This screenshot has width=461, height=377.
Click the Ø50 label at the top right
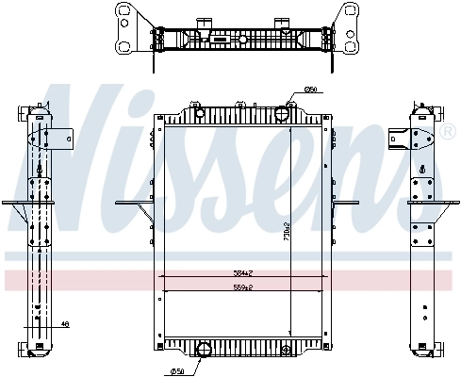309,90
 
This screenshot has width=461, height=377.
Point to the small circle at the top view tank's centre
242,40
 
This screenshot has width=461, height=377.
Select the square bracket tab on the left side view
63,138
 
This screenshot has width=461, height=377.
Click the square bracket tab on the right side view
403,138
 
